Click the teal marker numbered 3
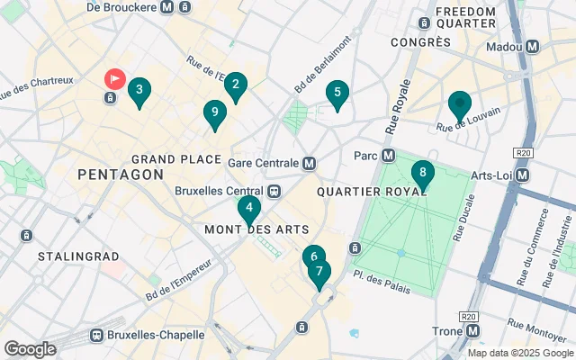(x=139, y=90)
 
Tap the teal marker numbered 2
(x=236, y=85)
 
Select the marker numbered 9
(x=213, y=113)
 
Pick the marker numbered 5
(x=337, y=92)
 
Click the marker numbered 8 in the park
(x=422, y=173)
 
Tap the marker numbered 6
(x=312, y=256)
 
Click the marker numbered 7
(x=319, y=272)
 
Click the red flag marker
(x=115, y=79)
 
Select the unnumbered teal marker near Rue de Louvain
(x=460, y=106)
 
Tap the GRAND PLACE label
(x=176, y=159)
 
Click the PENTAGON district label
(x=121, y=174)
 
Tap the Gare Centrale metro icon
(x=309, y=163)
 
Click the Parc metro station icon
(x=389, y=155)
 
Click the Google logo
(x=30, y=349)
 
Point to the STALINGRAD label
(x=79, y=256)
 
